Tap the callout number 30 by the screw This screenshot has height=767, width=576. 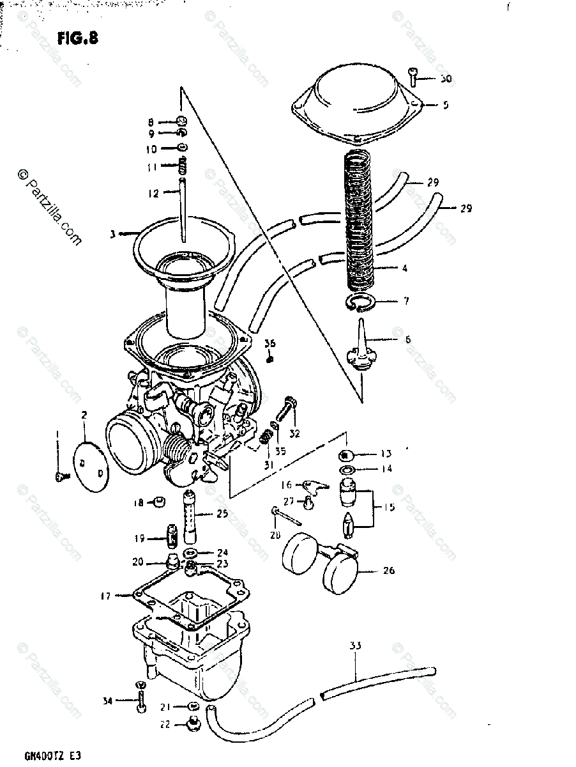tap(445, 79)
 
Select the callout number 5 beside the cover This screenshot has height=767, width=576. tap(445, 104)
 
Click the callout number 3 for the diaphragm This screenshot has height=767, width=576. tap(112, 235)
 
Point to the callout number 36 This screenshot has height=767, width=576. tap(270, 344)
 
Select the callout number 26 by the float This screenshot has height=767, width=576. tap(388, 570)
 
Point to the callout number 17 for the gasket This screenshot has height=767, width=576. tap(105, 596)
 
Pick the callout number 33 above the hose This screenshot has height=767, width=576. tap(355, 646)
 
